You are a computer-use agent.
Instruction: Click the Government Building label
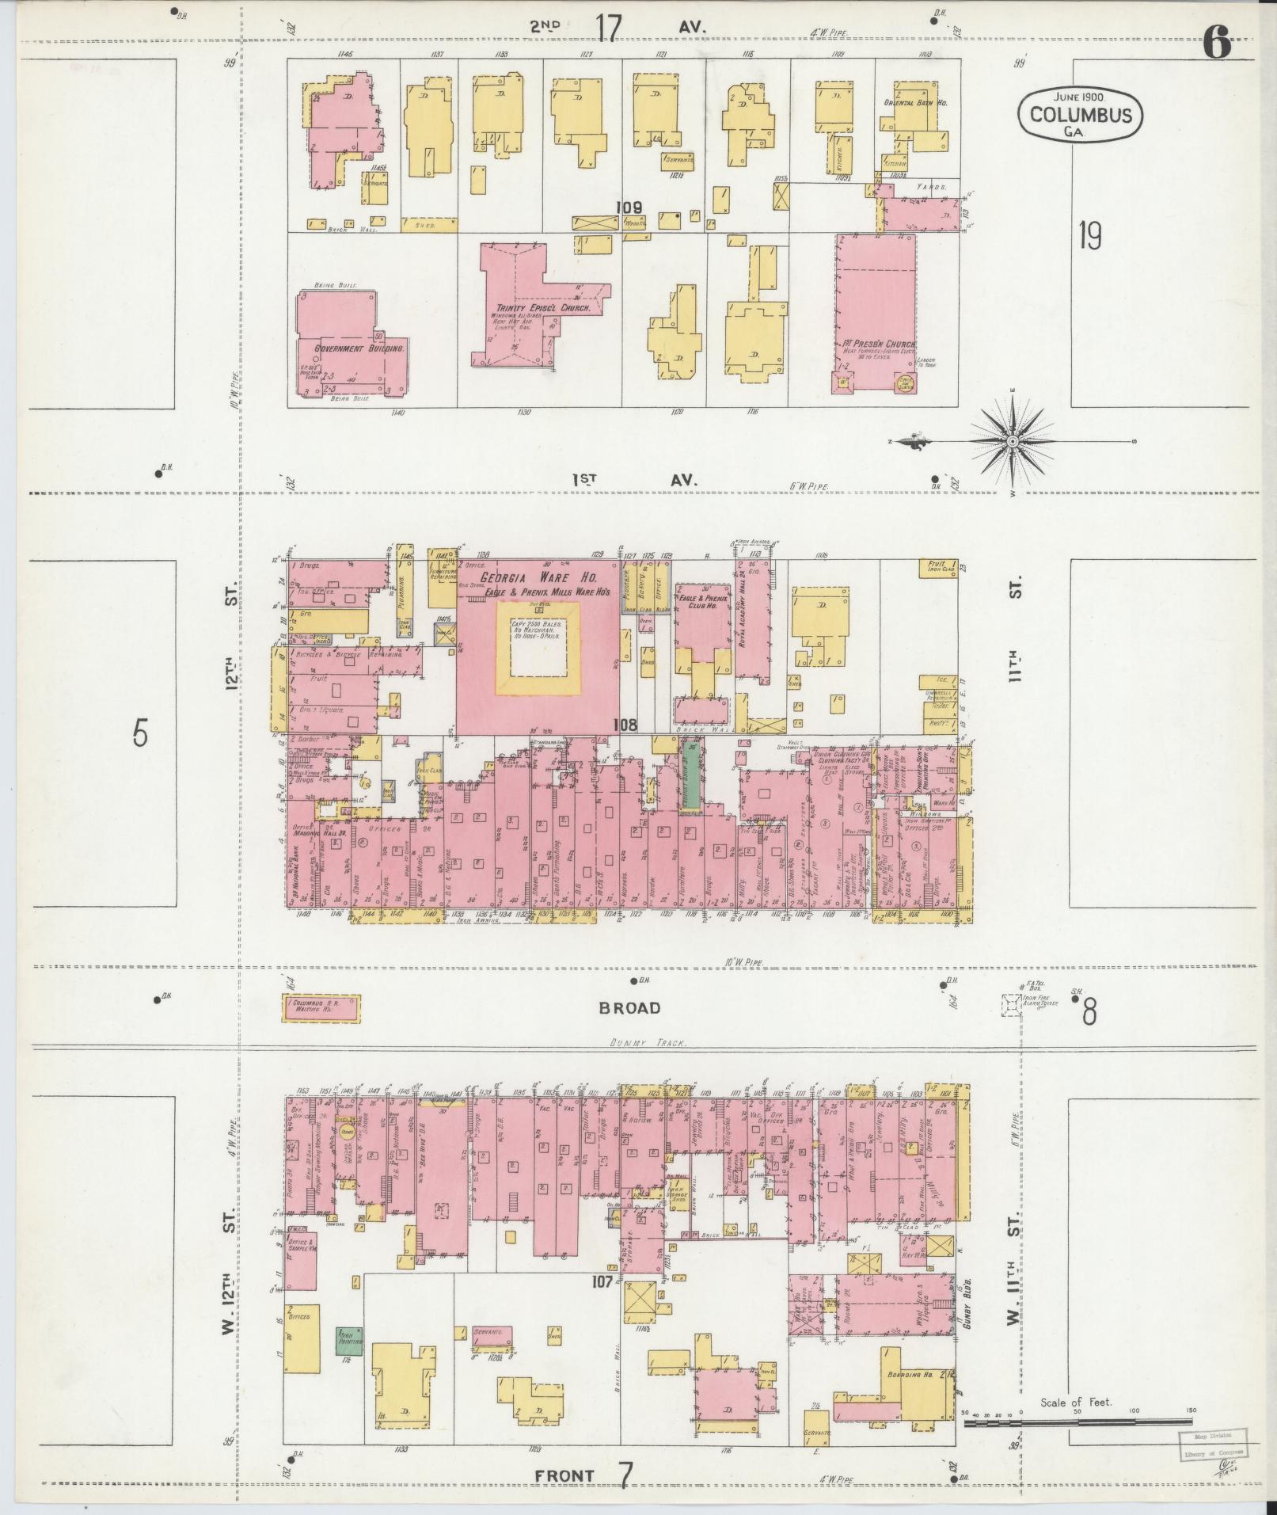click(x=349, y=348)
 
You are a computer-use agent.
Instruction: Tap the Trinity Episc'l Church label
click(x=543, y=308)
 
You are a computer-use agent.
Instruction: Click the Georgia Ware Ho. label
click(x=538, y=577)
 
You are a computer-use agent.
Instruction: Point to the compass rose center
click(x=1013, y=440)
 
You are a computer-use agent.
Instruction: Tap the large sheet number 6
click(x=1218, y=41)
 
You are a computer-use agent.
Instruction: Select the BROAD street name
click(x=629, y=1008)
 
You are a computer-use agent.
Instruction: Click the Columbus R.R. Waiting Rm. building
click(x=322, y=1007)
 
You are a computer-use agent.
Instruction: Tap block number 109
click(x=630, y=208)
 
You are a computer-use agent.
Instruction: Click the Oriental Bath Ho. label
click(x=916, y=103)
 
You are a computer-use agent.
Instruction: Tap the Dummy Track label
click(x=646, y=1043)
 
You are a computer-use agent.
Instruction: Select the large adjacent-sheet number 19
click(x=1090, y=235)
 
